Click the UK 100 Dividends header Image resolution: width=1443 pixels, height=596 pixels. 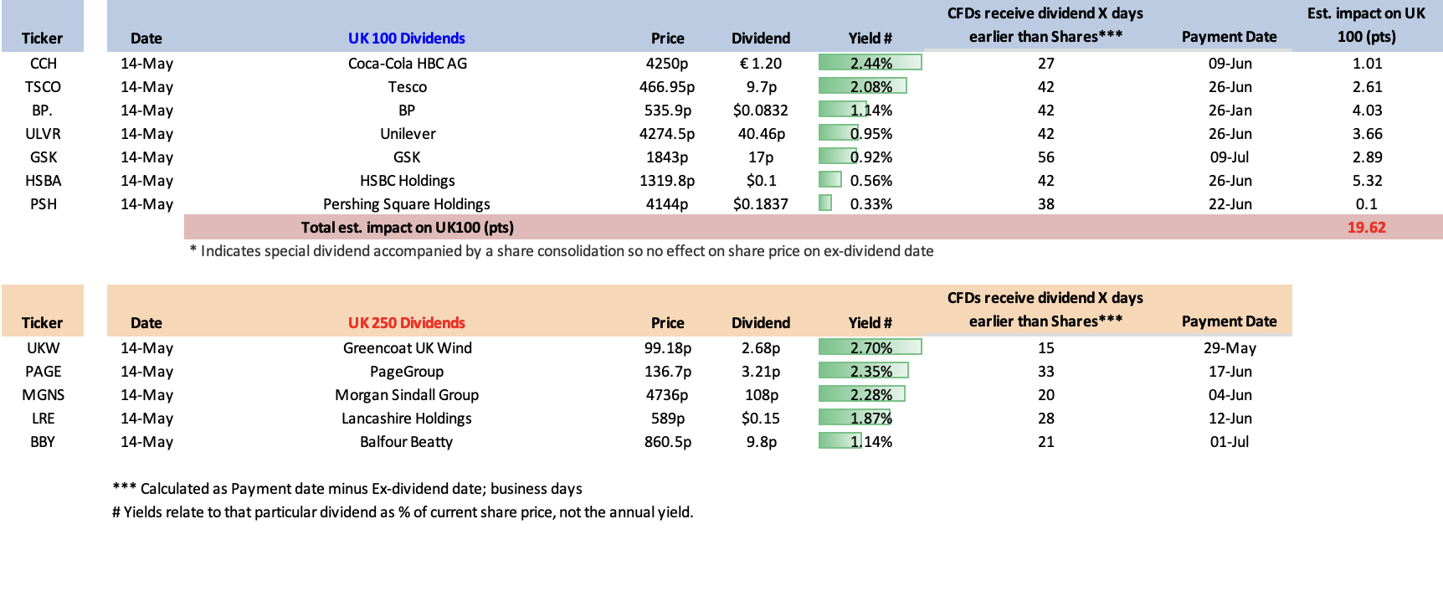pos(407,39)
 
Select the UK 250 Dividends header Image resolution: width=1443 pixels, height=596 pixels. pos(407,323)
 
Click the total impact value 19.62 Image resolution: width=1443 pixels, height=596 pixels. pos(1366,228)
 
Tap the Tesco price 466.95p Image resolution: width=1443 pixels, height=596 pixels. pos(667,87)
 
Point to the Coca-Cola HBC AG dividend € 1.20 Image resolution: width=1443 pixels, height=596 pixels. pos(761,64)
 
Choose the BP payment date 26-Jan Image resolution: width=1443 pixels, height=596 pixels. pos(1230,110)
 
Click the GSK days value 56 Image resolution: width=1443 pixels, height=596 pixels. pos(1046,157)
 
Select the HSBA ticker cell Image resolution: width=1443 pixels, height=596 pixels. pos(44,181)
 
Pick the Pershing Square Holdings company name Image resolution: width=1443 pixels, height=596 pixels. pos(407,204)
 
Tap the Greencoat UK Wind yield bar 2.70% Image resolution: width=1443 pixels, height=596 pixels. pos(870,347)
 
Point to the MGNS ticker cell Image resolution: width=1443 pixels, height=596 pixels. pos(44,395)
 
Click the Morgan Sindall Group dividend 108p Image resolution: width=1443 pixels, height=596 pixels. pos(762,395)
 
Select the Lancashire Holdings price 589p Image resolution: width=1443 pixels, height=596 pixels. pos(668,419)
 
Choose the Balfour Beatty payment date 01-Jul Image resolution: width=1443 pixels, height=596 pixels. pos(1230,442)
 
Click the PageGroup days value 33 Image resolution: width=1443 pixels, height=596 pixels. pos(1046,372)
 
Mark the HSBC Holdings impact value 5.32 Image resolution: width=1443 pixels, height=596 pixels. pos(1368,181)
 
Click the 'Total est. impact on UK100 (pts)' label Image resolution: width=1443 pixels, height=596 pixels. pos(408,228)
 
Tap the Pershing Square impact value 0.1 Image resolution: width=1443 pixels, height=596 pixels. pos(1367,204)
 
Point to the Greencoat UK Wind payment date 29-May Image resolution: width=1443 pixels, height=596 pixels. pos(1230,348)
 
